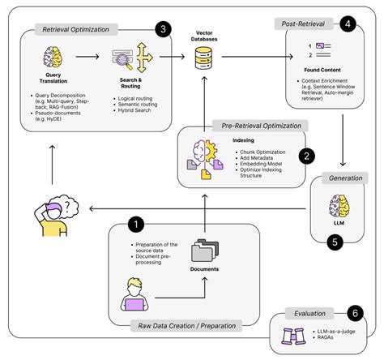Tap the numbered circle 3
click(165, 29)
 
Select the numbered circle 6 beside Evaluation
click(353, 311)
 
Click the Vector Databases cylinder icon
click(203, 57)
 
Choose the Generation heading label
click(343, 178)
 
